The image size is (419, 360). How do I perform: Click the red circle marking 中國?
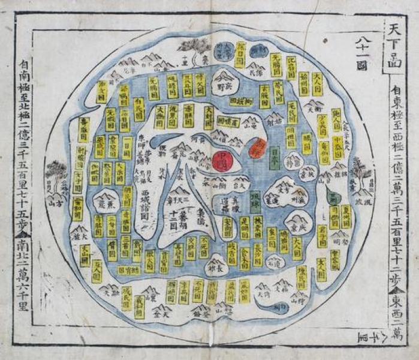coord(221,161)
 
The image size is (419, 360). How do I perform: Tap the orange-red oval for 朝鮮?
coord(258,146)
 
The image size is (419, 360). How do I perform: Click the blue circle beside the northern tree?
coord(226,50)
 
